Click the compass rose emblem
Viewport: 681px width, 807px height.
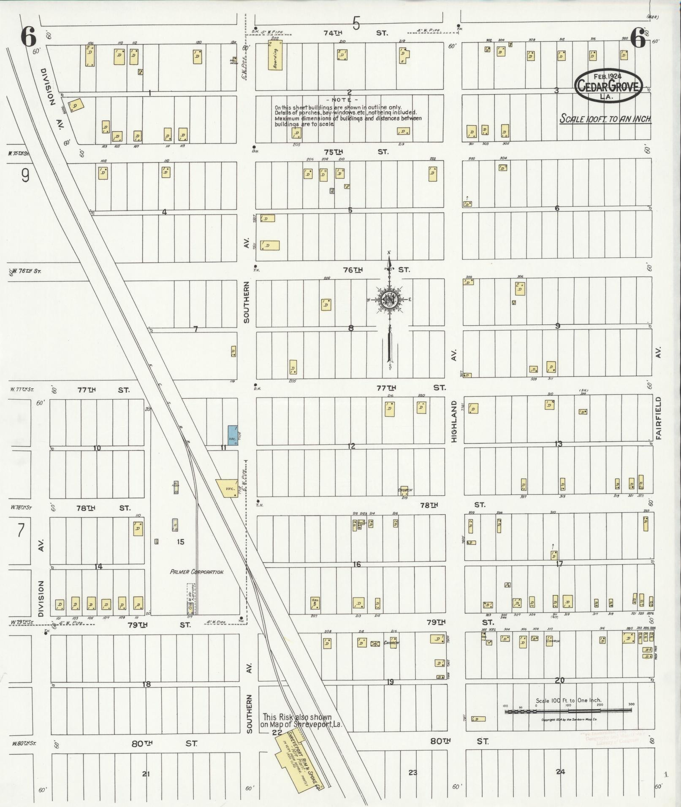point(389,300)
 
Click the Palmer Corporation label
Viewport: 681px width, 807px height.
point(196,572)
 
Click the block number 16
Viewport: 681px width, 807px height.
point(357,564)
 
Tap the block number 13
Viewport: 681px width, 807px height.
point(558,444)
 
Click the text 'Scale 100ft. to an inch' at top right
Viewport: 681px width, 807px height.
point(605,119)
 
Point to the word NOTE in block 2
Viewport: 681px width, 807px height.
point(341,100)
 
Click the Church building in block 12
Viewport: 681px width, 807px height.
point(404,490)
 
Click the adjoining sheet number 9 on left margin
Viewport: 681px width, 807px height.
point(25,175)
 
